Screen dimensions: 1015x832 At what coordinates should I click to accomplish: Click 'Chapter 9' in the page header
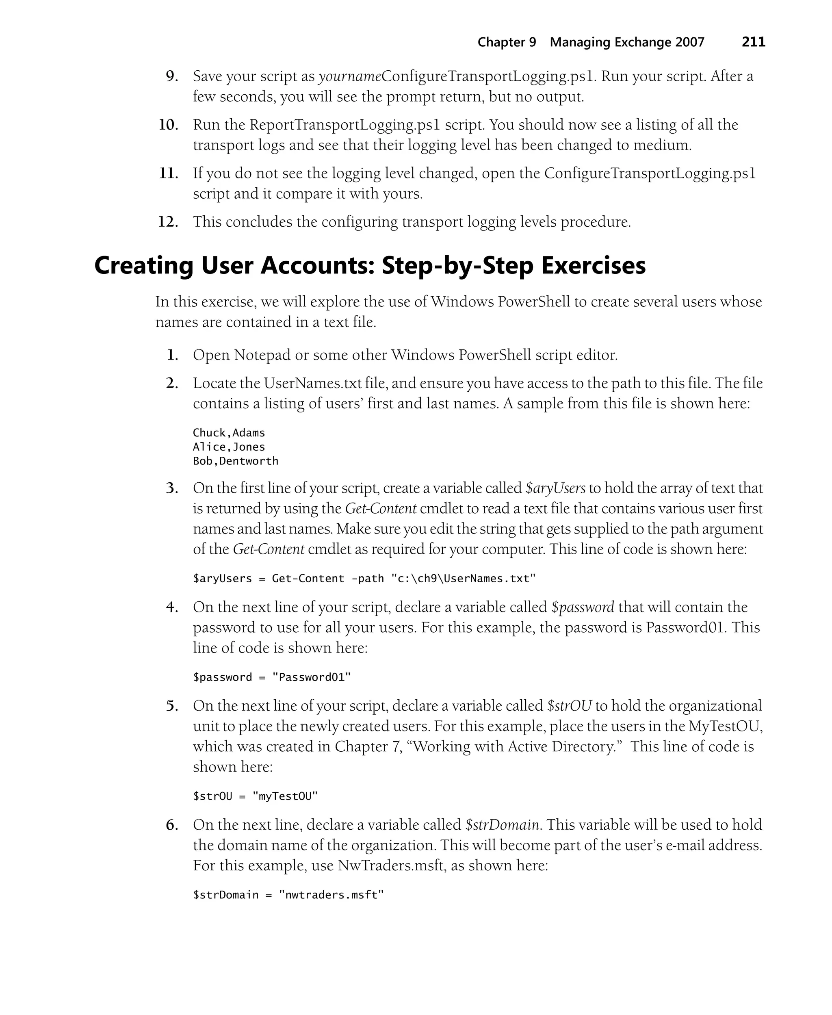[507, 42]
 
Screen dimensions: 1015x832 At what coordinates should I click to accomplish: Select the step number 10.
[169, 125]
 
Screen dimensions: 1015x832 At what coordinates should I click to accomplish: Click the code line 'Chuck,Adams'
[229, 433]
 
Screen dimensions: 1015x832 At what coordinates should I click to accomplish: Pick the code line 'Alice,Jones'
[229, 447]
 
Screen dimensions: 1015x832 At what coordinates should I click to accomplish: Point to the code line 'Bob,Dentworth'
[235, 461]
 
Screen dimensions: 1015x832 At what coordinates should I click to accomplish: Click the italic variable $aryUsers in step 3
[555, 488]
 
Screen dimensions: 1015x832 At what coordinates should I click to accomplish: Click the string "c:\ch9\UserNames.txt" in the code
[464, 579]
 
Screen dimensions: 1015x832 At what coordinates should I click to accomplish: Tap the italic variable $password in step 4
[582, 607]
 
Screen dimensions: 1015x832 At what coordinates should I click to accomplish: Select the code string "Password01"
[312, 677]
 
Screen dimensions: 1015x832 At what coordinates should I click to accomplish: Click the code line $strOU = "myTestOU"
[256, 796]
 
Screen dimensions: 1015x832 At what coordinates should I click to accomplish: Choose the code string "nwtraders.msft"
[331, 895]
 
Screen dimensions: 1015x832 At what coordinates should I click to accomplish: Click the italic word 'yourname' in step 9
[350, 76]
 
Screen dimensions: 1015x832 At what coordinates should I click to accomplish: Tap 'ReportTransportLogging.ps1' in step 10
[344, 125]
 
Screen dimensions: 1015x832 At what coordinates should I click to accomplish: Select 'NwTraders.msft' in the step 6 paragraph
[390, 865]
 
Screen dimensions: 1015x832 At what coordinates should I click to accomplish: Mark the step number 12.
[168, 222]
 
